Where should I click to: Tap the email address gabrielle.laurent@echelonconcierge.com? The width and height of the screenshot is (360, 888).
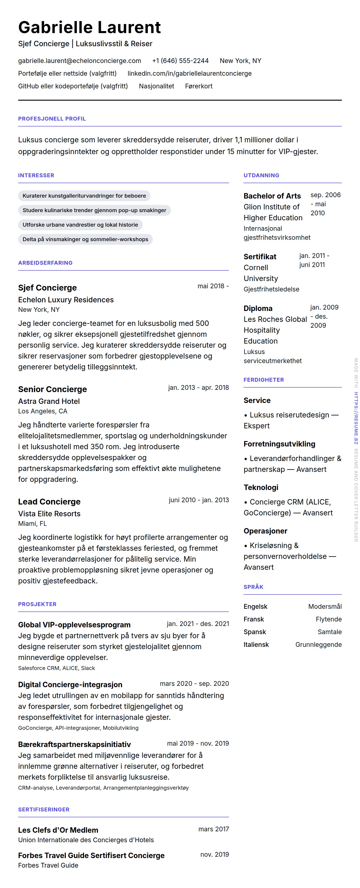[x=80, y=61]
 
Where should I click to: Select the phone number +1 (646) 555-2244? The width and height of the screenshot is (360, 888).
[x=180, y=61]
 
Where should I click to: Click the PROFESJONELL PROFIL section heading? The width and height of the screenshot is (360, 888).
[x=52, y=119]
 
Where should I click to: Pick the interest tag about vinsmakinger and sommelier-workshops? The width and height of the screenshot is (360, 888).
[x=85, y=239]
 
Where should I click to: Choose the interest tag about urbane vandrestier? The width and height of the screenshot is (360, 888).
[x=80, y=225]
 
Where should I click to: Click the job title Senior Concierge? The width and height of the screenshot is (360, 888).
[x=52, y=389]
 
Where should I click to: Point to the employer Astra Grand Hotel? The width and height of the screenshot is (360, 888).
[x=49, y=401]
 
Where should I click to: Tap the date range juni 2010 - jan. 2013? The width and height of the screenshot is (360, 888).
[x=199, y=500]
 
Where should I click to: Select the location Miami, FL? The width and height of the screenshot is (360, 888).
[x=32, y=524]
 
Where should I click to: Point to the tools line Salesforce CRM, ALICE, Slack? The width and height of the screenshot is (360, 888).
[x=56, y=668]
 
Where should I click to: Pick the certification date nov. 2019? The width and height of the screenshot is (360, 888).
[x=214, y=854]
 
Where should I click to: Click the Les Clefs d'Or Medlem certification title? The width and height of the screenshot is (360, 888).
[x=58, y=830]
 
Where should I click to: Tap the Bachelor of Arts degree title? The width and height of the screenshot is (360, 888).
[x=272, y=196]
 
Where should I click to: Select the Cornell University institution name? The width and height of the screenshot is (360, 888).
[x=261, y=273]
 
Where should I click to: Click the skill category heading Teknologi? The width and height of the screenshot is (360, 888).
[x=261, y=488]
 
